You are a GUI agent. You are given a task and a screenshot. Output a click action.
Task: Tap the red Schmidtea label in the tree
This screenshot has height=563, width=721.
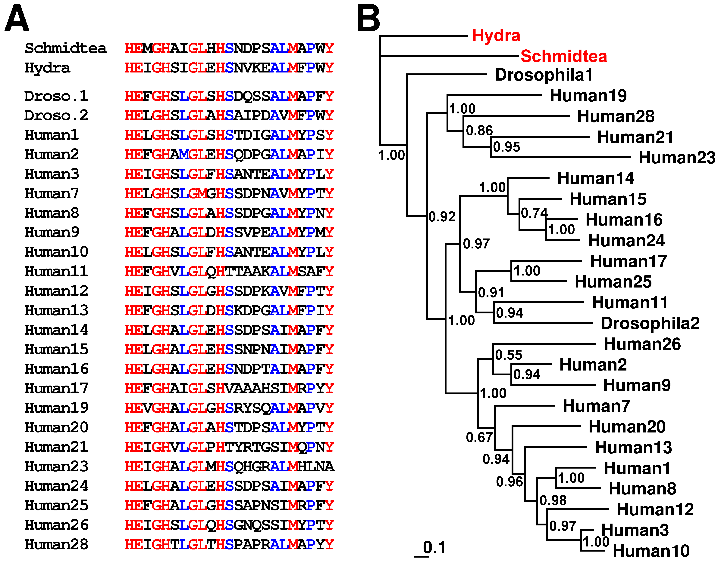(x=564, y=56)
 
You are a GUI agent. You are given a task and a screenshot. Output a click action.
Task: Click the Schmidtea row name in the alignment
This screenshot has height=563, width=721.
(x=66, y=48)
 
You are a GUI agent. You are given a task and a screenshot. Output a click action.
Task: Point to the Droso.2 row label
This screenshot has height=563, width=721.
(x=56, y=115)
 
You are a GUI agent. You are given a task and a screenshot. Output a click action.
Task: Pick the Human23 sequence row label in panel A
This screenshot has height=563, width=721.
(x=56, y=466)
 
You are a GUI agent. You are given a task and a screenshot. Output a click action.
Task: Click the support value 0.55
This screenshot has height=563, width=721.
(x=509, y=355)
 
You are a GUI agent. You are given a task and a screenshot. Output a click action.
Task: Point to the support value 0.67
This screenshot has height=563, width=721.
(x=479, y=437)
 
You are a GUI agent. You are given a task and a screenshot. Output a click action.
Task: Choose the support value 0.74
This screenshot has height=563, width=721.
(x=534, y=213)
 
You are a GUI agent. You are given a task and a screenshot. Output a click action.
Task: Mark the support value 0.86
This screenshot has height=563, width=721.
(x=479, y=131)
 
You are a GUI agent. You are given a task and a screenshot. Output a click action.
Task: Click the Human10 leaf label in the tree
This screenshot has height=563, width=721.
(x=651, y=551)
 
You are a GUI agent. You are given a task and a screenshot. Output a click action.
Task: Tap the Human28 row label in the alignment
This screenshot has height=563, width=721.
(x=56, y=544)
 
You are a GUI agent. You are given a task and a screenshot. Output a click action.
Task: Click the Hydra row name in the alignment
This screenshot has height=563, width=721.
(x=47, y=68)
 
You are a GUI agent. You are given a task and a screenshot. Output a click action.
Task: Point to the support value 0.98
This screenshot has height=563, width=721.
(x=553, y=500)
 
